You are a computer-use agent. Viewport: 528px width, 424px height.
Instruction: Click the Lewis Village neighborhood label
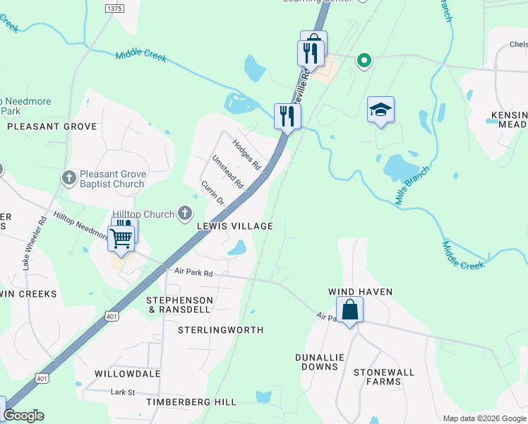pyautogui.click(x=234, y=226)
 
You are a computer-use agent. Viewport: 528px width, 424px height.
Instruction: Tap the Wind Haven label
pyautogui.click(x=360, y=292)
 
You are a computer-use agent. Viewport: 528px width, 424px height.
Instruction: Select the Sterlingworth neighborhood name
pyautogui.click(x=220, y=330)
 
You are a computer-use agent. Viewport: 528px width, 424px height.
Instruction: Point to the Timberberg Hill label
pyautogui.click(x=191, y=402)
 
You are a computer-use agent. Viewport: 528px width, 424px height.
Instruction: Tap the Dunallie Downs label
pyautogui.click(x=320, y=362)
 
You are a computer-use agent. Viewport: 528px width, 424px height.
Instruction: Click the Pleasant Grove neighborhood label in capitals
pyautogui.click(x=52, y=126)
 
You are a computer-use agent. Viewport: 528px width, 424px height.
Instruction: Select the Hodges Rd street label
pyautogui.click(x=247, y=155)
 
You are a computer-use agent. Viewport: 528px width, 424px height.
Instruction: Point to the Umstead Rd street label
pyautogui.click(x=227, y=172)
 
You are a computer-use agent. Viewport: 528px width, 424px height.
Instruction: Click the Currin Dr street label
pyautogui.click(x=212, y=193)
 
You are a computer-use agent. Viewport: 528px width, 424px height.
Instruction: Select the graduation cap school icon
pyautogui.click(x=380, y=110)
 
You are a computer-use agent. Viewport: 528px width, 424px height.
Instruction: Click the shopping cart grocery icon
pyautogui.click(x=121, y=238)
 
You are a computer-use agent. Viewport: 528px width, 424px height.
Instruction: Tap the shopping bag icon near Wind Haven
pyautogui.click(x=349, y=310)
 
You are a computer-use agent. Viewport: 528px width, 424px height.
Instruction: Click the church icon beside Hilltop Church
pyautogui.click(x=185, y=213)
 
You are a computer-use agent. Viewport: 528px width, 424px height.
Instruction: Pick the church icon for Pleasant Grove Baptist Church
pyautogui.click(x=69, y=178)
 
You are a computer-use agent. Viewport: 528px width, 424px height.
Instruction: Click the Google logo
pyautogui.click(x=24, y=416)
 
